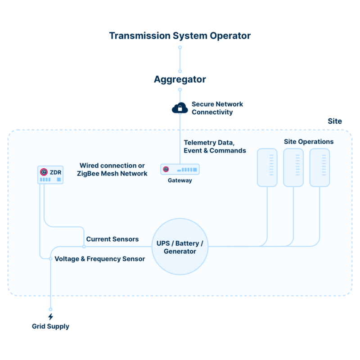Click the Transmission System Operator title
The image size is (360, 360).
(x=180, y=36)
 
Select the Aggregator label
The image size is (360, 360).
(x=180, y=80)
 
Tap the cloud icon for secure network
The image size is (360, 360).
(x=180, y=108)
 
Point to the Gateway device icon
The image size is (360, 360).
(x=180, y=169)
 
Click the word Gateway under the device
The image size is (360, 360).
(x=180, y=180)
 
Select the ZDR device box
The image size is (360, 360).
(x=50, y=175)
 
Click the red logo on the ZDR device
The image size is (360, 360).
(x=44, y=171)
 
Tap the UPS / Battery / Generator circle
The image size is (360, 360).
(x=180, y=247)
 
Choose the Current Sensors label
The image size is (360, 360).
(x=112, y=239)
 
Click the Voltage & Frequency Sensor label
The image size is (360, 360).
(x=99, y=259)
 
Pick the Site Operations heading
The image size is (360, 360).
(x=308, y=142)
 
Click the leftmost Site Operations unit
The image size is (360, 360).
(x=267, y=167)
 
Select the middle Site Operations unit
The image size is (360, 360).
(x=293, y=167)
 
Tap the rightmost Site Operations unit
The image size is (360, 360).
(x=320, y=167)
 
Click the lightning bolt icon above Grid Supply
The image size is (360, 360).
(x=50, y=317)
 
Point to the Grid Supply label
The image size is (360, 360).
(x=50, y=327)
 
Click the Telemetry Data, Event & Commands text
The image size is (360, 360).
(x=215, y=146)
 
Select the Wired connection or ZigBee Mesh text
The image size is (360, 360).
(x=113, y=169)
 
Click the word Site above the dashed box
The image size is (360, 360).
(x=335, y=121)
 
